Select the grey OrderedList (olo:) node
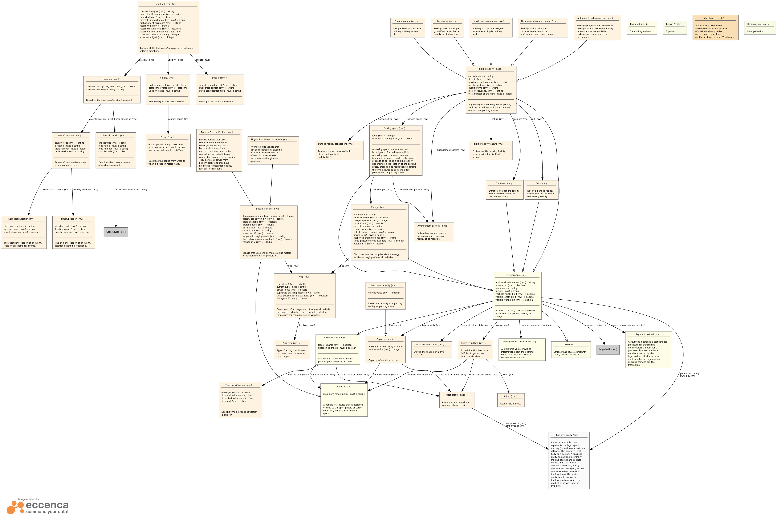[x=116, y=232]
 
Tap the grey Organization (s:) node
[x=608, y=350]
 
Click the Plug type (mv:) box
[x=292, y=350]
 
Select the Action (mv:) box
[x=511, y=400]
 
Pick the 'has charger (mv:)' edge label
[x=382, y=190]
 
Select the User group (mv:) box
[x=457, y=400]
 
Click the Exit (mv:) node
[x=541, y=190]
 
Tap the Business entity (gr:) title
[x=568, y=435]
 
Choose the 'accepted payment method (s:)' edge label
[x=628, y=325]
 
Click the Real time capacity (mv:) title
[x=385, y=285]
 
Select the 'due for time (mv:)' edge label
[x=298, y=375]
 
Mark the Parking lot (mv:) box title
[x=446, y=21]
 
